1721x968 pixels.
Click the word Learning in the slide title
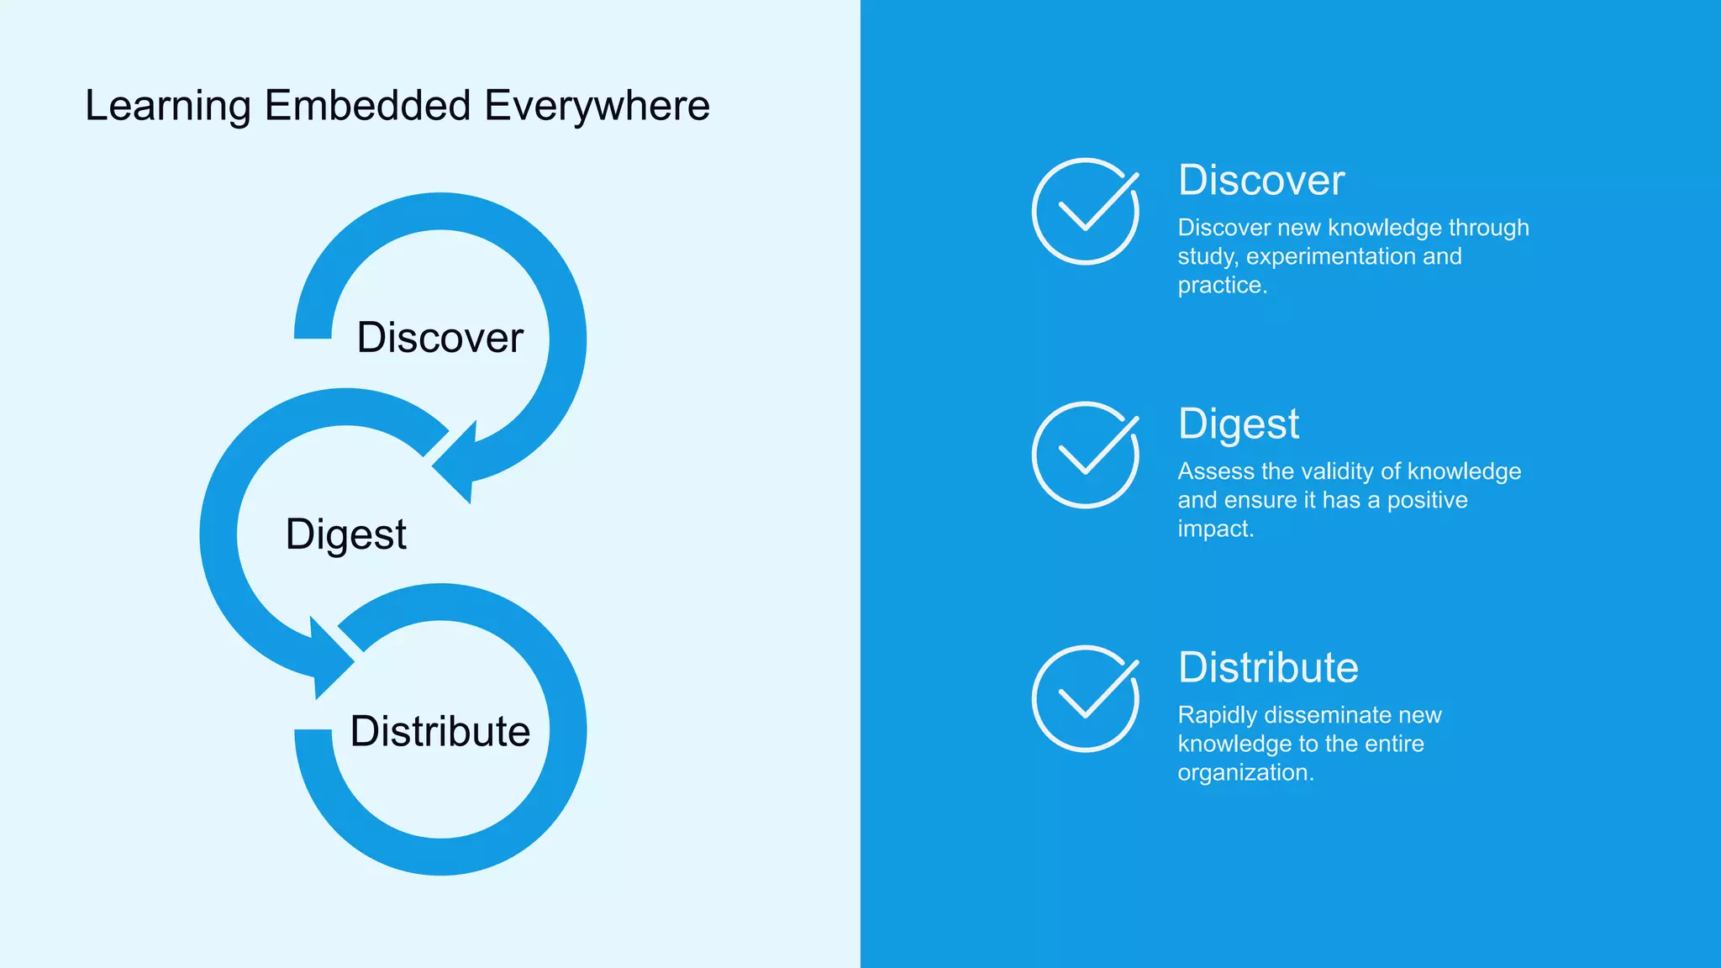click(168, 107)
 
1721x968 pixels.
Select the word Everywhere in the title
click(597, 107)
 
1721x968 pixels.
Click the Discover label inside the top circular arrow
click(439, 338)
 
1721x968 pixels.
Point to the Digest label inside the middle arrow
click(345, 535)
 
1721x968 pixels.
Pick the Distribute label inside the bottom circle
click(439, 731)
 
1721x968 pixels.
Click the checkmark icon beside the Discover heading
click(1085, 212)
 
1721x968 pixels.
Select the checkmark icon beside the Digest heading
click(1085, 455)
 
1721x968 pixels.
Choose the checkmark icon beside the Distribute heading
click(1085, 698)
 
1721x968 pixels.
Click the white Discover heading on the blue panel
click(1260, 181)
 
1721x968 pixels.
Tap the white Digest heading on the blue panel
click(1238, 424)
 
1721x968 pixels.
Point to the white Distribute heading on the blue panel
click(1267, 668)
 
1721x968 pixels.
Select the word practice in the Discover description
click(1218, 286)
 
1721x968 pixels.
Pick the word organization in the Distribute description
click(1241, 773)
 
